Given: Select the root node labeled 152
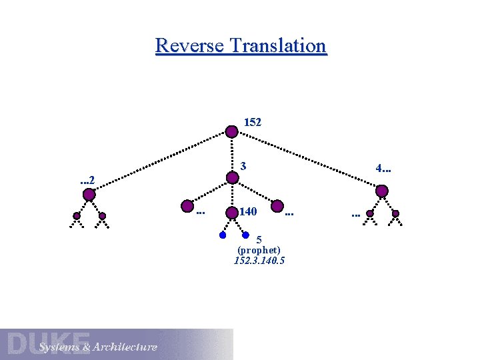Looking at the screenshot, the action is point(231,131).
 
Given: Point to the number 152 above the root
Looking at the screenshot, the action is point(253,123).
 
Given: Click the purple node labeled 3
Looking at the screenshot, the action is point(232,178).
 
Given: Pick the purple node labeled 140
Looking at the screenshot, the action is point(231,213).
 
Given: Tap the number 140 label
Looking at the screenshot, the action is point(248,212).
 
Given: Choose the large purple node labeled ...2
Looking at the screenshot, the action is point(89,195).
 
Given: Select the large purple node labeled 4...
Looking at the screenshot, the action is point(382,191).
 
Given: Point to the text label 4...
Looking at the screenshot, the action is point(383,169).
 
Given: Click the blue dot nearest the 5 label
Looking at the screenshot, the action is point(245,235).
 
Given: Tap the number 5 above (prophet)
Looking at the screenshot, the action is point(259,240).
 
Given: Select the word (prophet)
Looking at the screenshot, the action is point(259,250).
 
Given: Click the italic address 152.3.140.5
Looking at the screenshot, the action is point(259,261).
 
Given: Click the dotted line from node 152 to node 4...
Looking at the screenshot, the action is point(307,161).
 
